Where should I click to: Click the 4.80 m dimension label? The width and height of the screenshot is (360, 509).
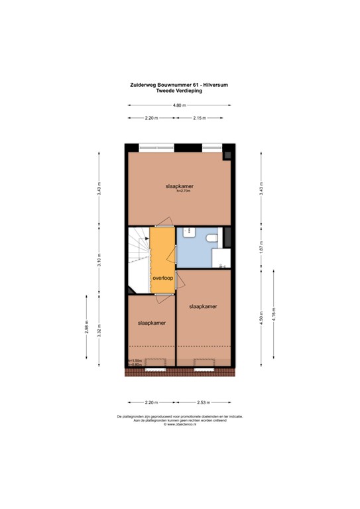click(179, 105)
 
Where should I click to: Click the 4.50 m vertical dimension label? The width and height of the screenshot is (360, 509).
click(261, 315)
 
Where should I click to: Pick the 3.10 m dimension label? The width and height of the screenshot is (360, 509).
click(99, 259)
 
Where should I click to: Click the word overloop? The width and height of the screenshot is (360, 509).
click(163, 279)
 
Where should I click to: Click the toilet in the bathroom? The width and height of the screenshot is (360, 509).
click(213, 238)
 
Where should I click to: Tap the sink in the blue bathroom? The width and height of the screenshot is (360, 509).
click(190, 231)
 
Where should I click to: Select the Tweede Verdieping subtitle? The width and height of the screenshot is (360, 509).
click(179, 91)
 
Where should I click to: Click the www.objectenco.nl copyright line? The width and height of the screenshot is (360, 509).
click(179, 424)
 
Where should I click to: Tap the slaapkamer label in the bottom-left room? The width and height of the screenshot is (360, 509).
click(151, 323)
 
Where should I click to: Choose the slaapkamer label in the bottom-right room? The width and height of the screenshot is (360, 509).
click(203, 306)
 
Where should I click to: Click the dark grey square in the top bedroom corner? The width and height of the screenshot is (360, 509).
click(227, 155)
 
